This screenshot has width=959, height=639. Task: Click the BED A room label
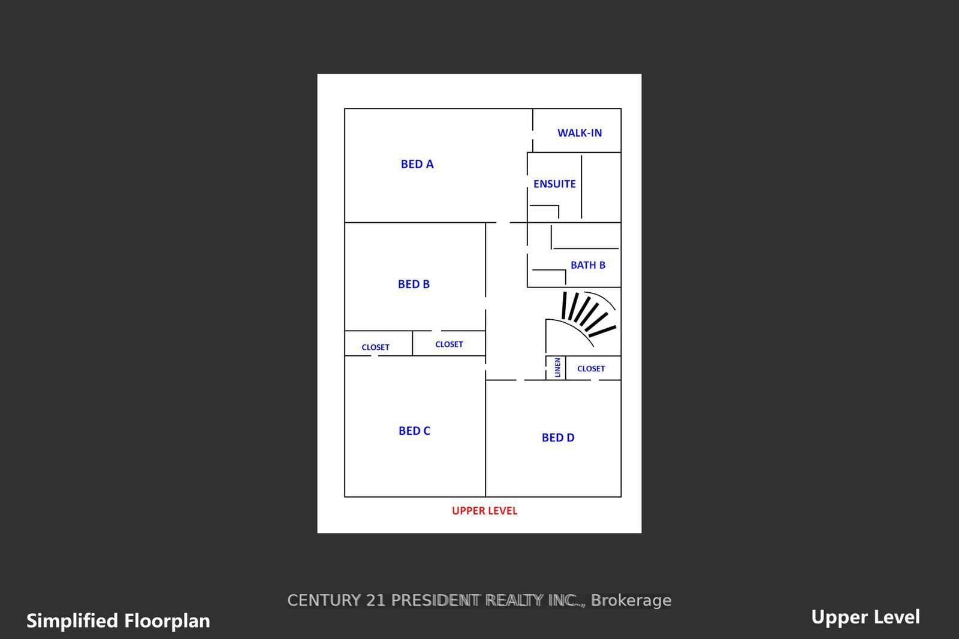pos(417,164)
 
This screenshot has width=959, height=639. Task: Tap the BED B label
pos(414,284)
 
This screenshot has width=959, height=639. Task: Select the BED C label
pos(414,431)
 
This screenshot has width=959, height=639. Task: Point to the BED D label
pos(558,438)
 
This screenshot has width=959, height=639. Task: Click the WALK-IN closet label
pos(579,133)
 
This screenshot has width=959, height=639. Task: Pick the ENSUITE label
pos(554,184)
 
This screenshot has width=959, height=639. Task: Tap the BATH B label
pos(588,265)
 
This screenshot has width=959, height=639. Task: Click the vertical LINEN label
pos(557,367)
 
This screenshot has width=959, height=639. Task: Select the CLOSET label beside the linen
pos(591,369)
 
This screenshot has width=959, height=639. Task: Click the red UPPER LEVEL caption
pos(485,511)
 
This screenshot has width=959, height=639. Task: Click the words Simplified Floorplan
pos(118,621)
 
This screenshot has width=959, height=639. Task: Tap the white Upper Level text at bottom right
pos(865,617)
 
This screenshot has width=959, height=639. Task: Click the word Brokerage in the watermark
pos(631,601)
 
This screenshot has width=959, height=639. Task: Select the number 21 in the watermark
pos(375,601)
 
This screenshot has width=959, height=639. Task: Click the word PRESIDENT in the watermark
pos(435,601)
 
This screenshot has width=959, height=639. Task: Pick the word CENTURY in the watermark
pos(324,601)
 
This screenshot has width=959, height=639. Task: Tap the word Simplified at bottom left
pos(72,621)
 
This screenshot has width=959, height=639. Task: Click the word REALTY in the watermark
pos(514,601)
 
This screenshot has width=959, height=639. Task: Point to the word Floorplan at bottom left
pos(167,621)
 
